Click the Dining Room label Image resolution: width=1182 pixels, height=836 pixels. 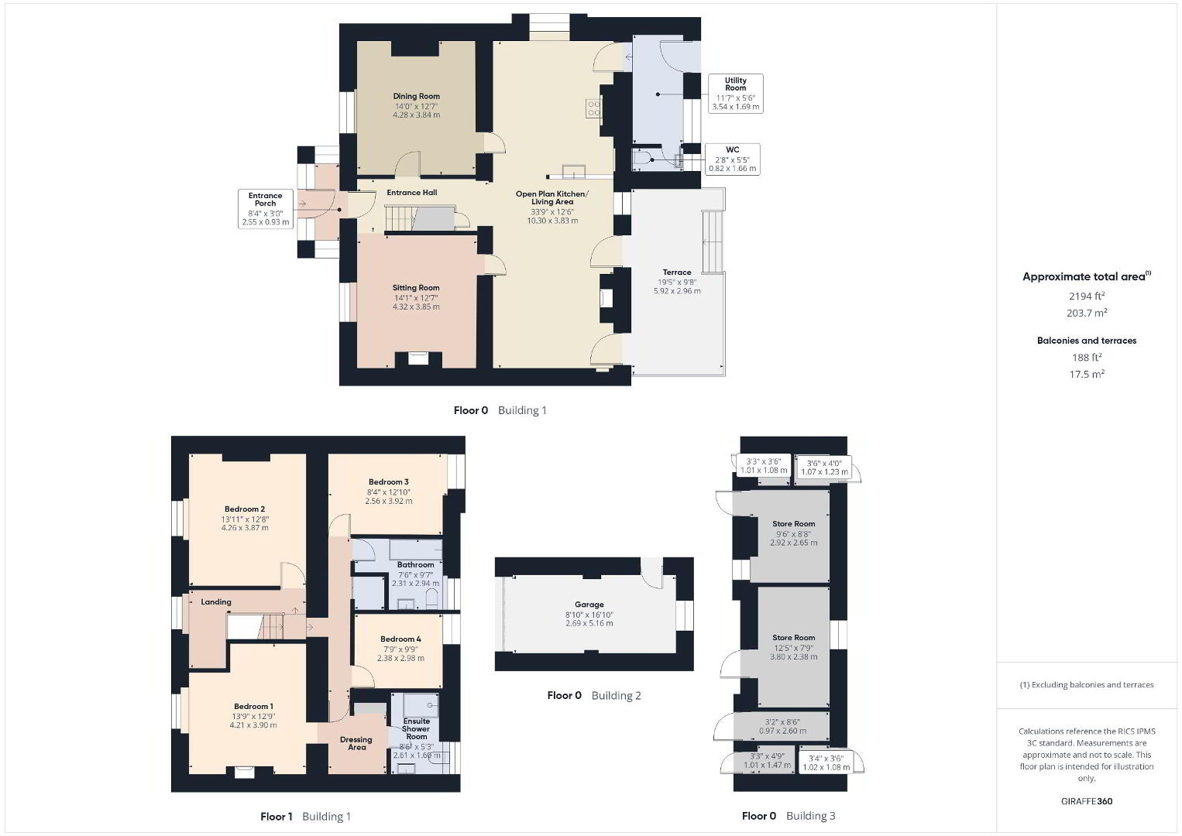[417, 96]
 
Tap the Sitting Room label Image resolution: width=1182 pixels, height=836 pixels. [416, 287]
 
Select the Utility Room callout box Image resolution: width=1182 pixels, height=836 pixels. [736, 94]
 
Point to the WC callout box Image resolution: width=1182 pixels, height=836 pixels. [733, 159]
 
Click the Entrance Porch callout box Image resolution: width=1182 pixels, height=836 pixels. [266, 209]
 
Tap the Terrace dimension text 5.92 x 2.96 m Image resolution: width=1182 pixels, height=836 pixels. [677, 290]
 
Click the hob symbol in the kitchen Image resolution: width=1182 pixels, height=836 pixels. [593, 108]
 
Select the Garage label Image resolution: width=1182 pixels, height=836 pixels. [589, 605]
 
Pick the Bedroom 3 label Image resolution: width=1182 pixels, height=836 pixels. [388, 481]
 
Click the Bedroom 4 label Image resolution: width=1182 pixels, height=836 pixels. [400, 639]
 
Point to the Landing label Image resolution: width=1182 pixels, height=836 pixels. [216, 601]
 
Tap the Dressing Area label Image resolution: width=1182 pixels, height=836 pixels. [356, 743]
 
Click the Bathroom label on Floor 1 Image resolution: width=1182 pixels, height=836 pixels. [416, 564]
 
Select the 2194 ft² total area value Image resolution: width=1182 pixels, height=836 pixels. [1087, 296]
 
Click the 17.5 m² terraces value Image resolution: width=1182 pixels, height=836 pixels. [1087, 374]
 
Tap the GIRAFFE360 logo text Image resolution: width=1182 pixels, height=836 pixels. [1087, 801]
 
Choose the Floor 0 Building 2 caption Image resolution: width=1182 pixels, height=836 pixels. [594, 695]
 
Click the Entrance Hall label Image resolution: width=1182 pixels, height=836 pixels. [411, 193]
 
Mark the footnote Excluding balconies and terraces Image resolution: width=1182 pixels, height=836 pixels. [1087, 684]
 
